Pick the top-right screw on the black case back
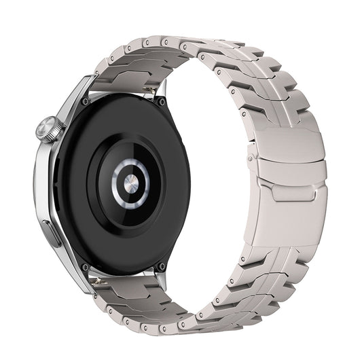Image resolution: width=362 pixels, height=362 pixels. tap(162, 101)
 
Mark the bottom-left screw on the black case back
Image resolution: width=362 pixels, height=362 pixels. tap(85, 267)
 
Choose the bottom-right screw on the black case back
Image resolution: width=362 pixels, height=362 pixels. tap(161, 266)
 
